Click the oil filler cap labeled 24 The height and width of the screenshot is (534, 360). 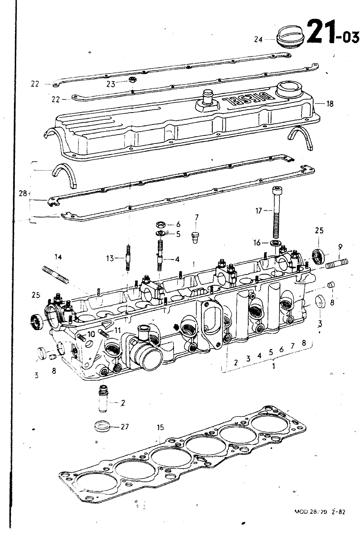pos(289,38)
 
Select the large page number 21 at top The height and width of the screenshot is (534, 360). pos(319,32)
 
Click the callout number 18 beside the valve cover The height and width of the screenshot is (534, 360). pos(330,104)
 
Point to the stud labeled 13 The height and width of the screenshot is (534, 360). pos(128,258)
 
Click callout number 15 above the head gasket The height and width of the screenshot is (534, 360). pos(160,428)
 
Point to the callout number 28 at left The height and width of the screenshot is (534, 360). pos(23,193)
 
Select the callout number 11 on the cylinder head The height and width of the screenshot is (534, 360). pos(117,330)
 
